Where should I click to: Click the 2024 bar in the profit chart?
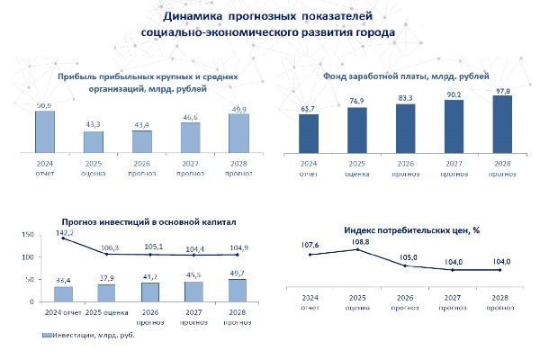coord(44,133)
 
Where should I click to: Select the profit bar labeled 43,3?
coord(94,143)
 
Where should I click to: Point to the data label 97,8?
coord(502,89)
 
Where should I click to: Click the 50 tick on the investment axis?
coord(29,280)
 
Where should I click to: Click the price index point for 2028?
coord(502,266)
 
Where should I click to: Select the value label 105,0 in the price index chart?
coord(407,256)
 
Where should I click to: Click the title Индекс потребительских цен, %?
coord(411,230)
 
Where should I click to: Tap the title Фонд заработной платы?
coord(405,75)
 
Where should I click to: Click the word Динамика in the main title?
coord(189,17)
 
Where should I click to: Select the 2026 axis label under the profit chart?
coord(142,164)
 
